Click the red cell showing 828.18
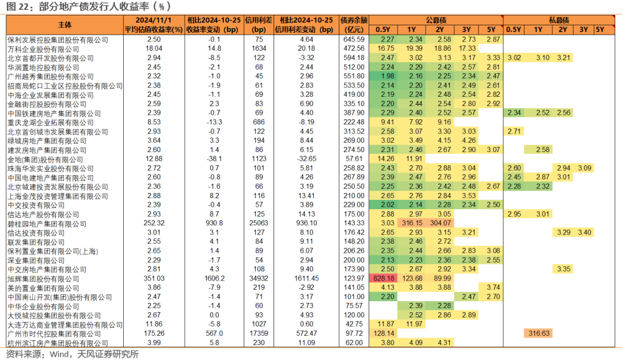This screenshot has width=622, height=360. pyautogui.click(x=384, y=278)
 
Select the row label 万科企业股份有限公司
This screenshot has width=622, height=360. pyautogui.click(x=43, y=49)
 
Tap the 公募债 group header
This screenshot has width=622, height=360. pyautogui.click(x=436, y=20)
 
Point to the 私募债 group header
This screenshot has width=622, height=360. pyautogui.click(x=559, y=20)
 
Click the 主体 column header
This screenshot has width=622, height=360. pyautogui.click(x=65, y=25)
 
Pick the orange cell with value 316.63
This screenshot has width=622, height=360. pyautogui.click(x=538, y=334)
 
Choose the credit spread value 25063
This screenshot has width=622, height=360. pyautogui.click(x=259, y=223)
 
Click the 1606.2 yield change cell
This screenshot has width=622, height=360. pyautogui.click(x=214, y=278)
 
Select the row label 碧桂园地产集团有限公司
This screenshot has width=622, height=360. pyautogui.click(x=47, y=224)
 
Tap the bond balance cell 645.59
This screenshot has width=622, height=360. pyautogui.click(x=354, y=39)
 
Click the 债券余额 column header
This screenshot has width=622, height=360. pyautogui.click(x=354, y=20)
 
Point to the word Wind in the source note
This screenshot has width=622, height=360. pyautogui.click(x=59, y=354)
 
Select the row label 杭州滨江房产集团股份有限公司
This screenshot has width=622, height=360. pyautogui.click(x=58, y=343)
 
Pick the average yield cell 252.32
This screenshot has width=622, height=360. pyautogui.click(x=154, y=223)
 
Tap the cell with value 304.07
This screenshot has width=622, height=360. pyautogui.click(x=441, y=223)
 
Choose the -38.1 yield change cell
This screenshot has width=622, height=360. pyautogui.click(x=214, y=159)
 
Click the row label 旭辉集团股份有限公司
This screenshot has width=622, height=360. pyautogui.click(x=43, y=279)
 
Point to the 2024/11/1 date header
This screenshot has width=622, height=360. pyautogui.click(x=154, y=20)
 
